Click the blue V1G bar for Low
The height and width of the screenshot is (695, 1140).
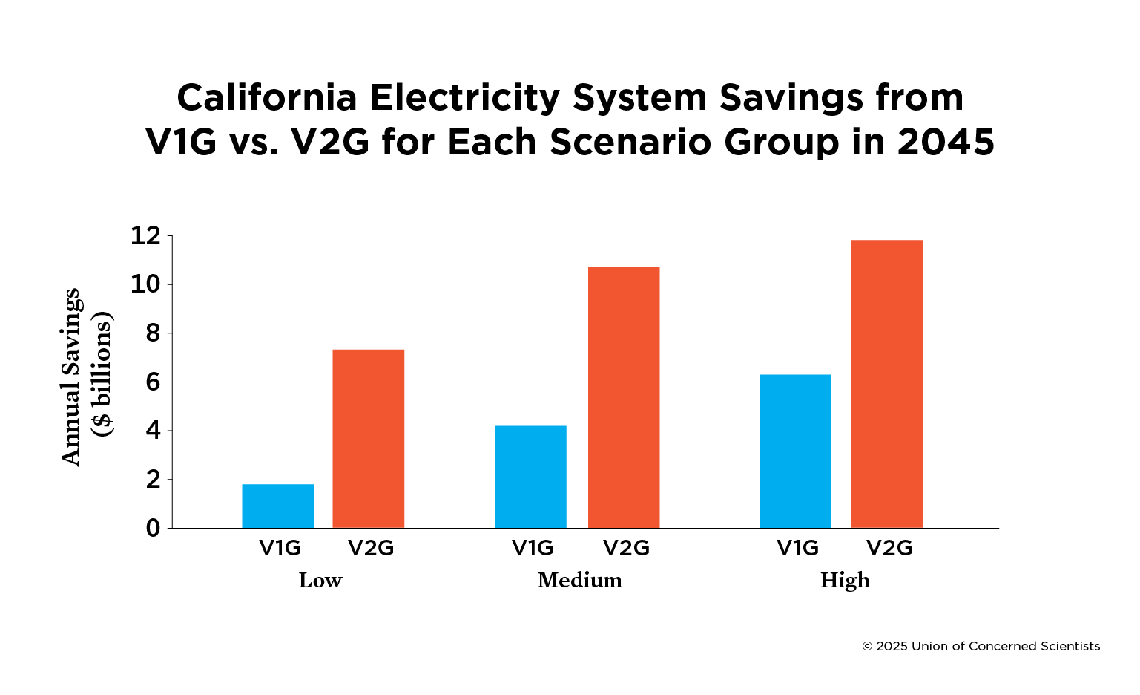tap(278, 506)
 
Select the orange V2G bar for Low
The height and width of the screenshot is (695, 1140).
tap(369, 438)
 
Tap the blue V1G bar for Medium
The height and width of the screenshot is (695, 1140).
tap(530, 477)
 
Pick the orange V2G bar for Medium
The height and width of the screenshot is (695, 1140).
tap(624, 397)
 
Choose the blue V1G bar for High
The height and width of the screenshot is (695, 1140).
tap(795, 451)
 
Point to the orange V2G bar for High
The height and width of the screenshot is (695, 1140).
tap(887, 384)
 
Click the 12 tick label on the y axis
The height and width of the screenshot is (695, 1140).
tap(145, 236)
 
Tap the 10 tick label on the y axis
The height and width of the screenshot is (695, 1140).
tap(145, 284)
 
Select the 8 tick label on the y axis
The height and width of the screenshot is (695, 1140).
tap(153, 333)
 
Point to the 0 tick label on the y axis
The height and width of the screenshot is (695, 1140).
tap(153, 528)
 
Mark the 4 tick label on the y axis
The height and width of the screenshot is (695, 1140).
tap(153, 431)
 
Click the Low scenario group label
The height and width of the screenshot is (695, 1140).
tap(320, 580)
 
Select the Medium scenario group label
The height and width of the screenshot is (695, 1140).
tap(580, 580)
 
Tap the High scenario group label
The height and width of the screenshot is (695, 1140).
tap(845, 580)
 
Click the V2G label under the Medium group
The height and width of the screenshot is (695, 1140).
tap(626, 548)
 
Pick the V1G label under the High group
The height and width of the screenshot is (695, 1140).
tap(797, 548)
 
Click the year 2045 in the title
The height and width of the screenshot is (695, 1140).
tap(946, 142)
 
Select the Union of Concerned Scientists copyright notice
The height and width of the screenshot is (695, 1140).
tap(981, 646)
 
